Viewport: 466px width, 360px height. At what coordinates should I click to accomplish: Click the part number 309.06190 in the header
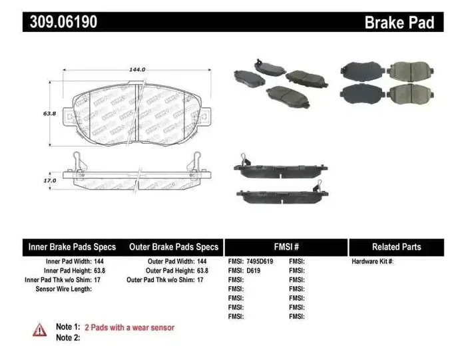pyautogui.click(x=64, y=22)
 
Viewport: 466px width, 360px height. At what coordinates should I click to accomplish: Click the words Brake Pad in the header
pyautogui.click(x=399, y=23)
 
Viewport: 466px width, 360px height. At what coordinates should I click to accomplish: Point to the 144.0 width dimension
pyautogui.click(x=137, y=69)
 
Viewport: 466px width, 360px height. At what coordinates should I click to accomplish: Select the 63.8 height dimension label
pyautogui.click(x=49, y=114)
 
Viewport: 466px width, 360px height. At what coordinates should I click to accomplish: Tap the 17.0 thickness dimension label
pyautogui.click(x=49, y=179)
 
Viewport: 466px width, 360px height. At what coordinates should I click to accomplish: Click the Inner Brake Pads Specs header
pyautogui.click(x=72, y=247)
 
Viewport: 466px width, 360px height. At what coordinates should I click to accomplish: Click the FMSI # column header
pyautogui.click(x=286, y=247)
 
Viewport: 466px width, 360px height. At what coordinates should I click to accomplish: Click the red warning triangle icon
pyautogui.click(x=40, y=329)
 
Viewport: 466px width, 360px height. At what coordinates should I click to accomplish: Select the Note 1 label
pyautogui.click(x=68, y=327)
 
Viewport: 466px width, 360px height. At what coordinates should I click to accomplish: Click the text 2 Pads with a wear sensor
pyautogui.click(x=130, y=327)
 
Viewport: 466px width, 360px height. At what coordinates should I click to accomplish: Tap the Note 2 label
pyautogui.click(x=68, y=338)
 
